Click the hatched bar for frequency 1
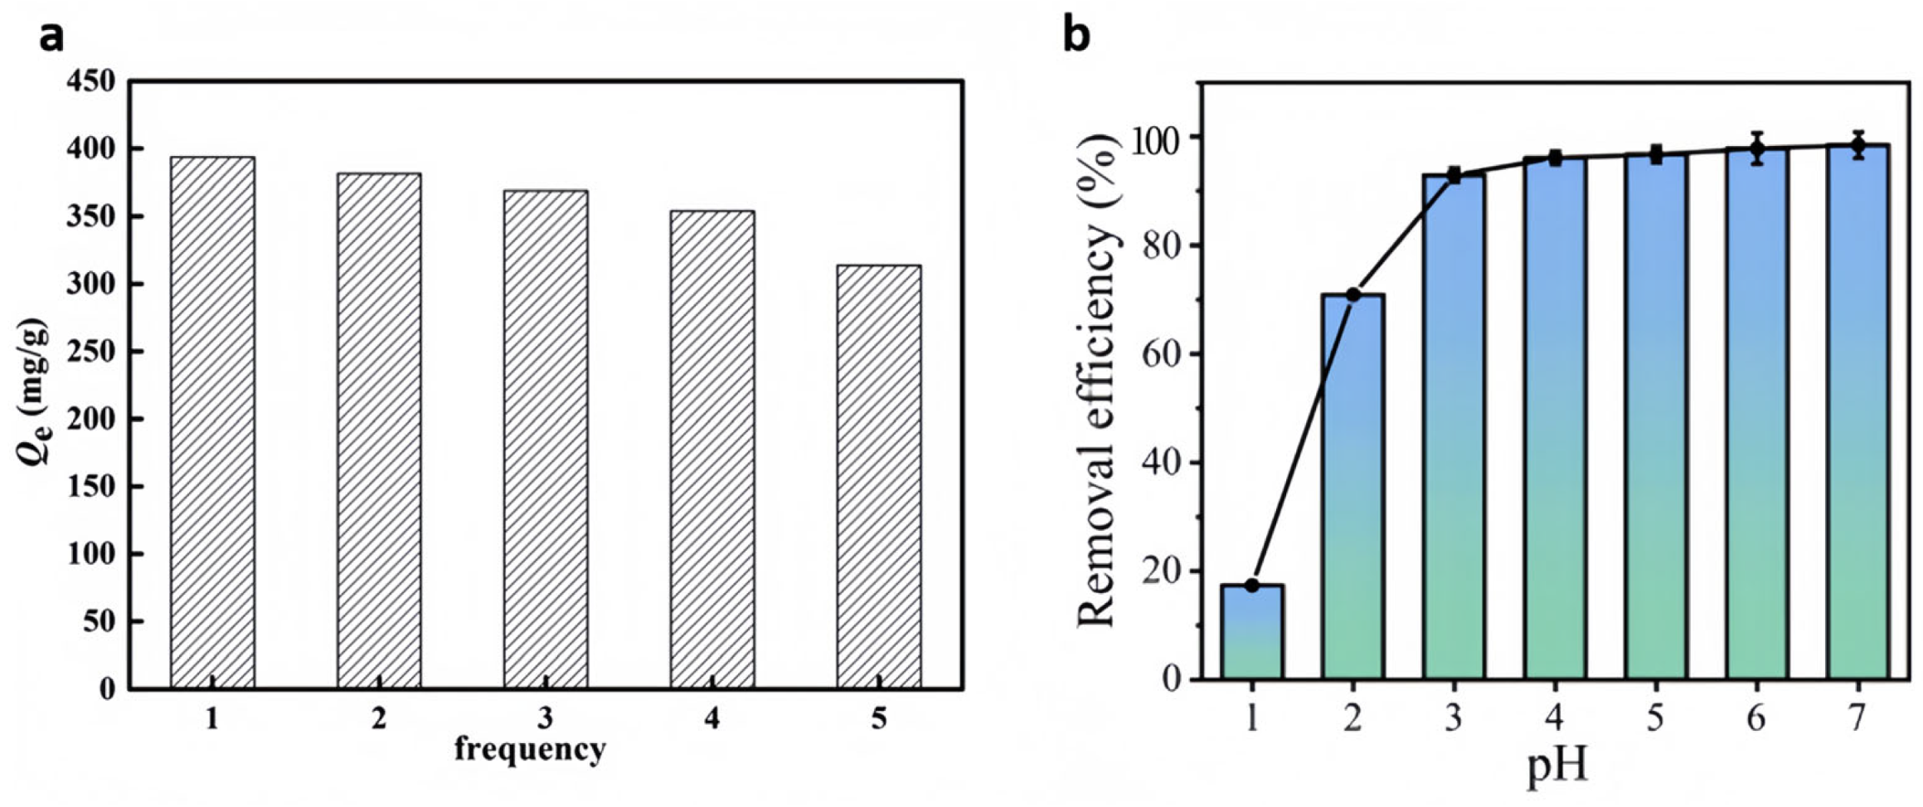click(x=212, y=423)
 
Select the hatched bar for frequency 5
click(x=878, y=477)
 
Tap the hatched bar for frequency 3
click(x=546, y=440)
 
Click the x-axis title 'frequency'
click(x=530, y=749)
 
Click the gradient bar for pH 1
click(x=1251, y=632)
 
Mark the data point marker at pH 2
click(x=1352, y=294)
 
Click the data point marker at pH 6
click(x=1756, y=149)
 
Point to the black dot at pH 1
click(x=1251, y=586)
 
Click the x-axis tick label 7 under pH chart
click(x=1857, y=717)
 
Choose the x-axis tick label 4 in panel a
click(x=712, y=718)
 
